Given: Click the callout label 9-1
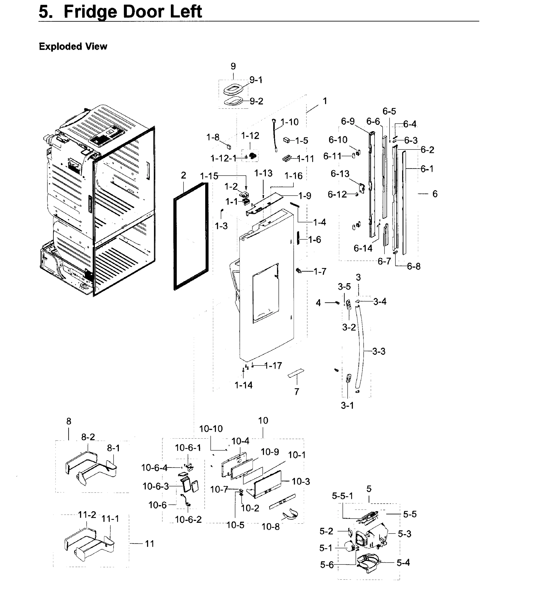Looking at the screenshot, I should [x=255, y=80].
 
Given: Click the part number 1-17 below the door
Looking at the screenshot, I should [x=273, y=366].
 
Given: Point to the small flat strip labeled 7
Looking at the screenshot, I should [x=296, y=373].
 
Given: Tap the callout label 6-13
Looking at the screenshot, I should [x=340, y=174].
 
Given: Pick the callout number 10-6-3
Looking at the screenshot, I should [x=156, y=486].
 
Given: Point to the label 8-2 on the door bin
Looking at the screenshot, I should [x=88, y=437].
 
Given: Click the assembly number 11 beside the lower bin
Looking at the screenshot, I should [x=150, y=544].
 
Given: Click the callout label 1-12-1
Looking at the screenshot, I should [x=223, y=158].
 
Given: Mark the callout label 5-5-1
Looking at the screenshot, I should [x=342, y=496].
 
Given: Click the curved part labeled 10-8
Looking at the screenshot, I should [x=291, y=514].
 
